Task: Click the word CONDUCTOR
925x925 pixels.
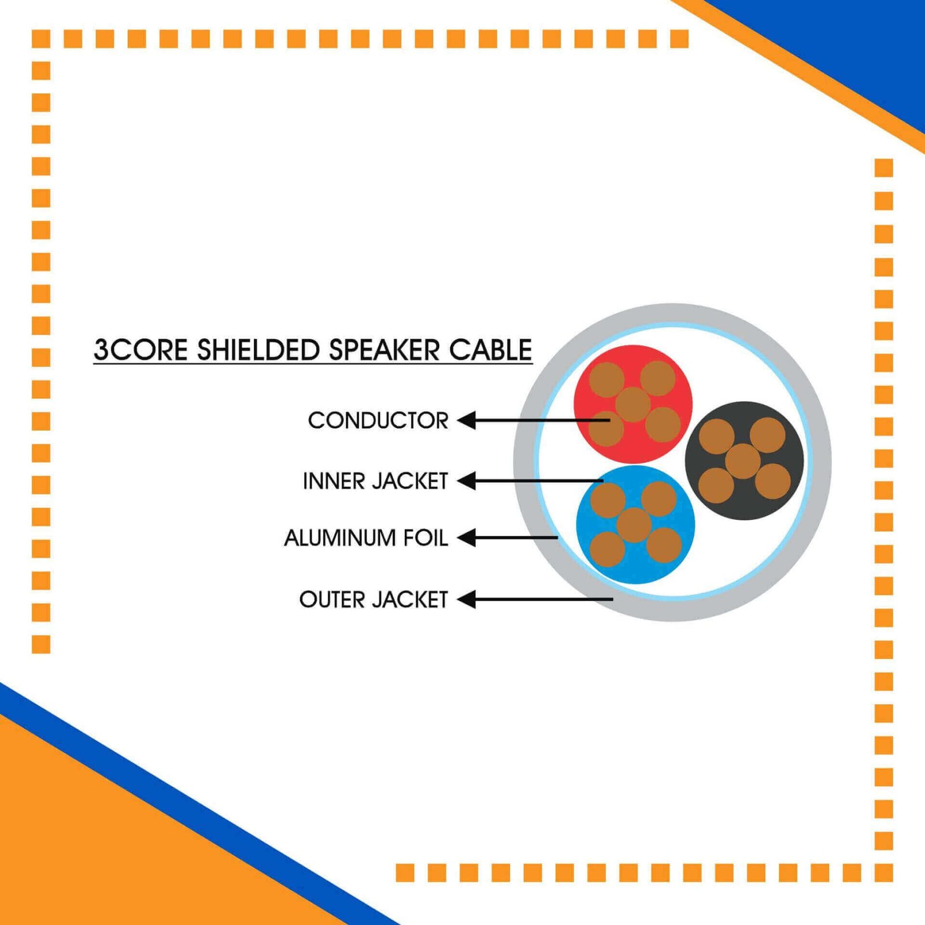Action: pos(378,420)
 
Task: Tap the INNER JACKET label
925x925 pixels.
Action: pos(376,481)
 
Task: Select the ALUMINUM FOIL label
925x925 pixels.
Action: pos(366,538)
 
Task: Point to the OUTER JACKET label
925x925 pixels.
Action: pos(373,600)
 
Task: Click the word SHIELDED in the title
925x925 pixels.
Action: pos(258,350)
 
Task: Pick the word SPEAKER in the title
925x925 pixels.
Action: pos(384,350)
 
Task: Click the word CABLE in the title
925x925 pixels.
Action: pos(490,350)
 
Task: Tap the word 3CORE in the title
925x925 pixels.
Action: pos(141,350)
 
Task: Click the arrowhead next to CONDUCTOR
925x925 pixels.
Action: pos(467,420)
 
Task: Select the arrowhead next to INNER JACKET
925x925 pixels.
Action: pos(467,480)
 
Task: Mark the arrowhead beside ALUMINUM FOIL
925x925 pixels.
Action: pos(467,538)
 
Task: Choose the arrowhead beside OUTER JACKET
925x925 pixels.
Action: pos(467,600)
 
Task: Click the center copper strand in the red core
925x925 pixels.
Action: pos(633,405)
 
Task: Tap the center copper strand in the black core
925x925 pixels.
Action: pos(743,461)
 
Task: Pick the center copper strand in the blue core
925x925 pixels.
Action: pos(634,525)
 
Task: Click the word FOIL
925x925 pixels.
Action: pos(426,538)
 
